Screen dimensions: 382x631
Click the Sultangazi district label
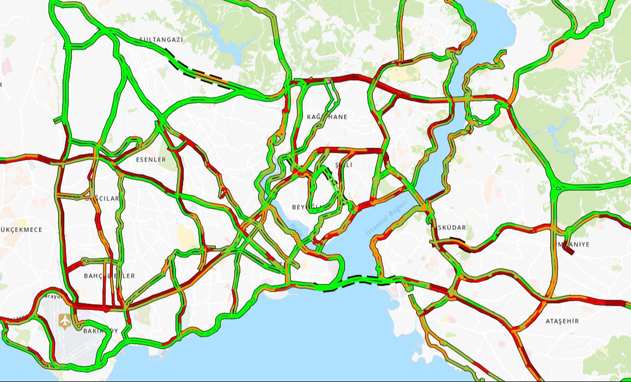pyautogui.click(x=161, y=40)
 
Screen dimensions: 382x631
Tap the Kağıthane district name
pyautogui.click(x=327, y=117)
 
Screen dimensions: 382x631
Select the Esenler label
pyautogui.click(x=151, y=160)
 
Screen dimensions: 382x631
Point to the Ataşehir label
pyautogui.click(x=562, y=321)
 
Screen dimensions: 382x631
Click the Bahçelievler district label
pyautogui.click(x=109, y=276)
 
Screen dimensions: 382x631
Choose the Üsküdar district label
pyautogui.click(x=450, y=227)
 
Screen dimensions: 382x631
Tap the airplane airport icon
pyautogui.click(x=65, y=322)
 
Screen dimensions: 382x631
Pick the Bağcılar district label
pyautogui.click(x=102, y=198)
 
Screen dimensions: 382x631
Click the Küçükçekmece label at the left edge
pyautogui.click(x=21, y=229)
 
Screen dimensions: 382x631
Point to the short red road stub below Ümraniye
pyautogui.click(x=568, y=248)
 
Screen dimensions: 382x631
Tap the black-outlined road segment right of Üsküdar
pyautogui.click(x=461, y=245)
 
